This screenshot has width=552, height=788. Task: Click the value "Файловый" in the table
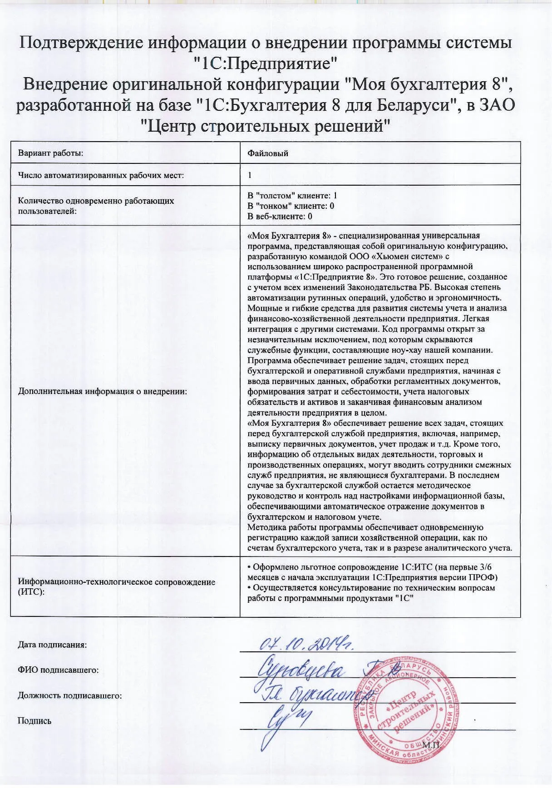(268, 153)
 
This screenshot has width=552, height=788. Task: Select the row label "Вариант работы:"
(51, 153)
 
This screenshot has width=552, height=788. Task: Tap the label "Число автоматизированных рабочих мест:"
(101, 175)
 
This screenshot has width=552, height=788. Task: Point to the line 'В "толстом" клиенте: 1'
(292, 196)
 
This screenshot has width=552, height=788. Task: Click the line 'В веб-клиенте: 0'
(280, 217)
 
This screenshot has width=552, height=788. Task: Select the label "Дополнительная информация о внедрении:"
(103, 391)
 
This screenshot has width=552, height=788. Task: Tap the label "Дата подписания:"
(52, 645)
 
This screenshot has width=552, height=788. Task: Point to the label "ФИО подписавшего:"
(58, 670)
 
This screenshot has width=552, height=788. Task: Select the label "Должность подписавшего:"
(70, 695)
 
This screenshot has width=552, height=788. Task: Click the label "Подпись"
(34, 721)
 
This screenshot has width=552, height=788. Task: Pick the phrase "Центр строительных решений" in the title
(266, 125)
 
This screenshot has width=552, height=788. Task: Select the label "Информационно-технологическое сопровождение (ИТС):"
(116, 587)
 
